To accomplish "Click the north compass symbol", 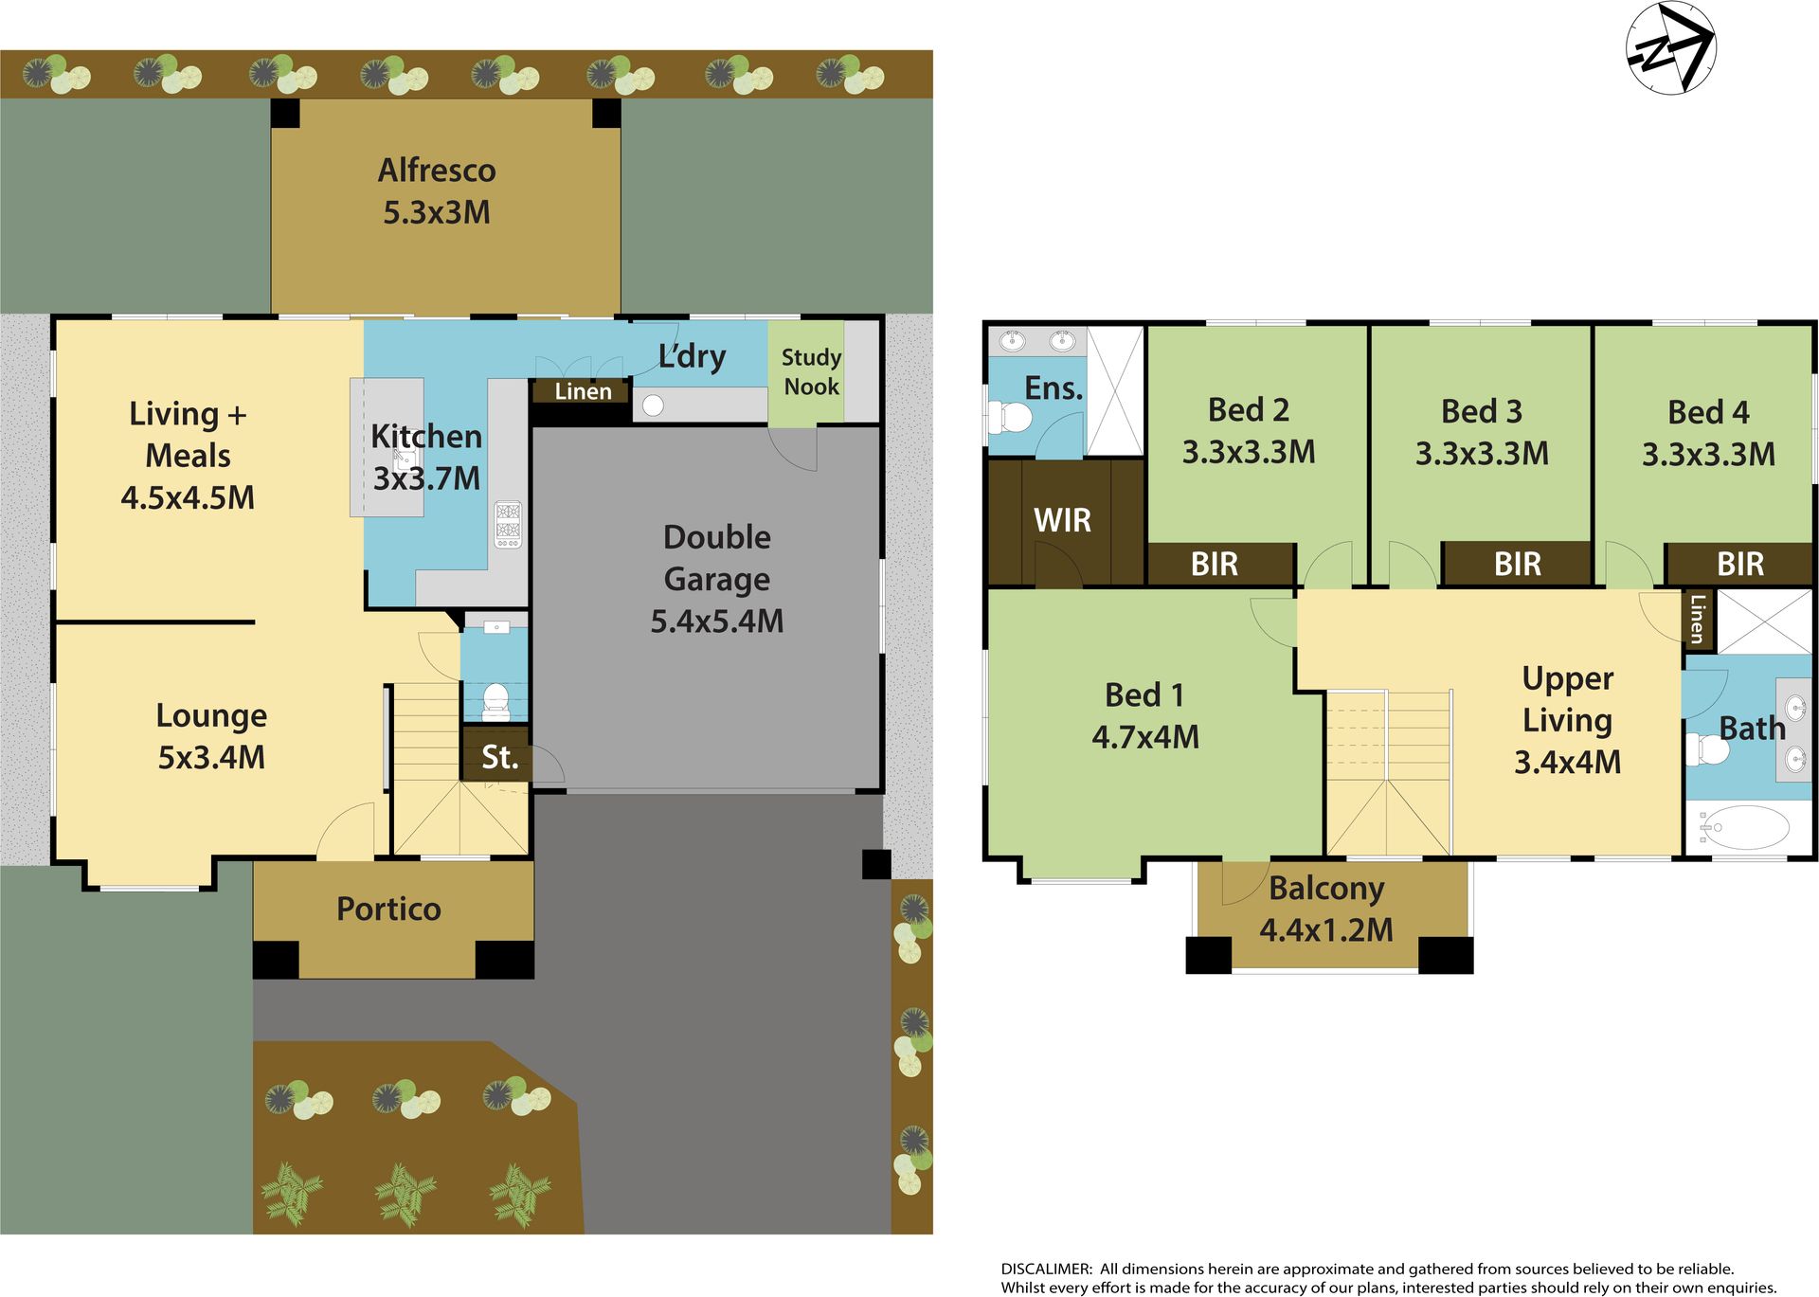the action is [x=1671, y=48].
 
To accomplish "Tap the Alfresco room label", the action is [x=437, y=171].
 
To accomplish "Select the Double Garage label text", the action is [x=717, y=558].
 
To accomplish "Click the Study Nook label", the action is [x=811, y=371].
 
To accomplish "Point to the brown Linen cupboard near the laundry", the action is [x=582, y=391].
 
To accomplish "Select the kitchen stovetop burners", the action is [x=508, y=525].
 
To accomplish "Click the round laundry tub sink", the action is [x=653, y=405].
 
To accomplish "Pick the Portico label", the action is [x=388, y=910].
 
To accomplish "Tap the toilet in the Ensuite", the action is [x=1010, y=417].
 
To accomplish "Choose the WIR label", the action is [x=1062, y=520].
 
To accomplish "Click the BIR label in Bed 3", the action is [x=1517, y=565].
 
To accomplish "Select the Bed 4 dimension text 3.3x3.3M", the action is [x=1708, y=455].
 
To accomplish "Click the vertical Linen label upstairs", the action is [x=1698, y=619].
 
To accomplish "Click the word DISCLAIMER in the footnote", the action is [x=1046, y=1269].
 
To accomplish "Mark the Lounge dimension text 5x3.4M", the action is [x=211, y=758].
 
